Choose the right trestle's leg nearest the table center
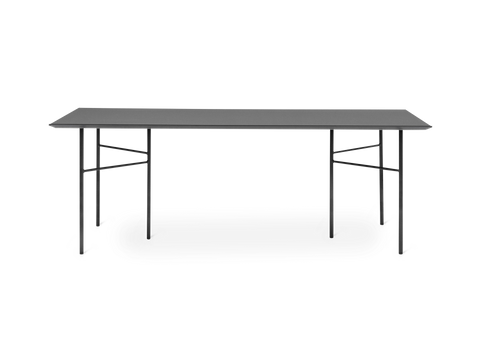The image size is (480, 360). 331,190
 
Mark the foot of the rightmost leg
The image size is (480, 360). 401,244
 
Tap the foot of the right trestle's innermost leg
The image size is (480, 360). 331,238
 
